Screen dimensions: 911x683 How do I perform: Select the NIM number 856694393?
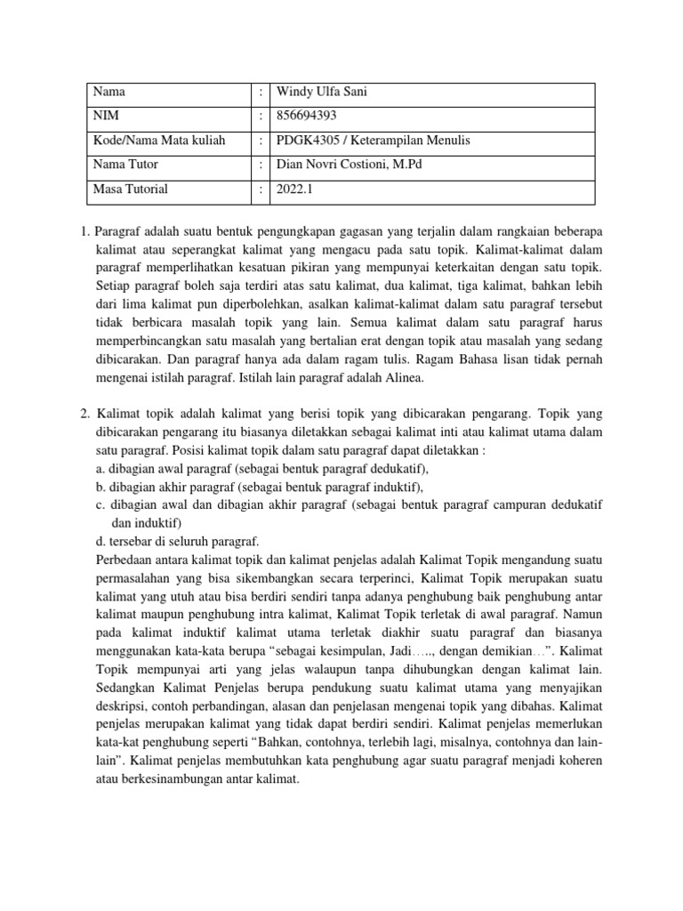click(x=308, y=115)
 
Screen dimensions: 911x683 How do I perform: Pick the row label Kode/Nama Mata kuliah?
click(x=159, y=140)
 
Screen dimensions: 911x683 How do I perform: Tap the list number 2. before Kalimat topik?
click(x=84, y=413)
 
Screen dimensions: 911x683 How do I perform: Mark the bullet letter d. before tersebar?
click(x=100, y=541)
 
